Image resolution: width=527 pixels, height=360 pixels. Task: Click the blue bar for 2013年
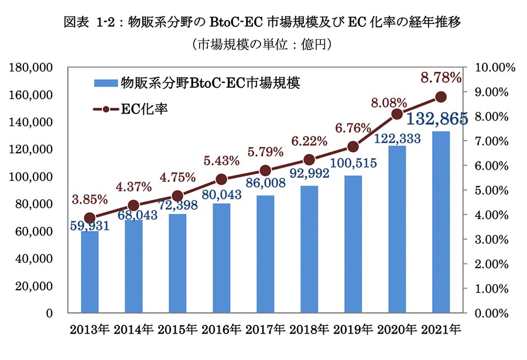click(90, 272)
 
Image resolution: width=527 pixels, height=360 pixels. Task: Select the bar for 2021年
click(441, 222)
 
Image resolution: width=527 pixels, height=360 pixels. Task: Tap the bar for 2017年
click(265, 254)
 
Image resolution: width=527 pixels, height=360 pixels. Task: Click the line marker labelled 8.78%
click(441, 97)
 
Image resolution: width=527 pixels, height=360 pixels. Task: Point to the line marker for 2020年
click(397, 114)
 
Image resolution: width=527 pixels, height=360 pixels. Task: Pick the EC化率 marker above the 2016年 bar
click(221, 180)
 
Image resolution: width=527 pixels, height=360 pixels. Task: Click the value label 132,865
click(437, 119)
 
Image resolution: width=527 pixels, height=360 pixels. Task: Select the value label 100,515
click(354, 163)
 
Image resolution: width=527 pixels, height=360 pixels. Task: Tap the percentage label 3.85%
click(90, 200)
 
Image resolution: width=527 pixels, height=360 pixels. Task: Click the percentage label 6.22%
click(309, 141)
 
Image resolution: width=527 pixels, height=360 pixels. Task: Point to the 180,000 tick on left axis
click(30, 67)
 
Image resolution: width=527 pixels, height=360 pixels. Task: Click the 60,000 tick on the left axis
click(34, 231)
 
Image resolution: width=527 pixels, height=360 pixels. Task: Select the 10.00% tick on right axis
click(495, 67)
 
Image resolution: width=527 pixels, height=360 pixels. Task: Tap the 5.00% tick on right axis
click(492, 190)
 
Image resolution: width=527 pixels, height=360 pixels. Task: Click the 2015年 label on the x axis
click(177, 330)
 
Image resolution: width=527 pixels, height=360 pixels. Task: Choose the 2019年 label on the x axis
click(353, 330)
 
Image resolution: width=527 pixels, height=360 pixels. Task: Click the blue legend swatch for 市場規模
click(105, 83)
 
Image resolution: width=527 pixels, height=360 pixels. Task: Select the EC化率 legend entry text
click(144, 109)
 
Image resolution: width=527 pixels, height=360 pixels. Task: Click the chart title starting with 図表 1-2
click(262, 22)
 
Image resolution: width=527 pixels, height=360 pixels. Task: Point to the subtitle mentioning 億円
click(262, 44)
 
